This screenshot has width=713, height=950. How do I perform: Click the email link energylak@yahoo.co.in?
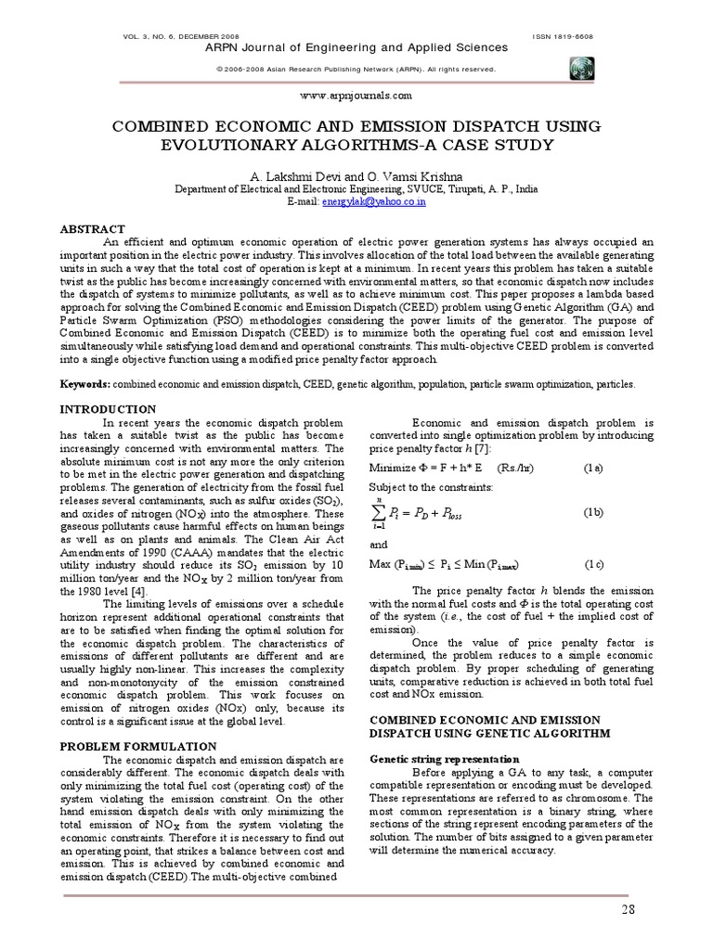(373, 199)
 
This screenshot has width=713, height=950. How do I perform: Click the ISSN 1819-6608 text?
(562, 36)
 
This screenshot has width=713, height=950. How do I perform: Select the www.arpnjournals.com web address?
(356, 96)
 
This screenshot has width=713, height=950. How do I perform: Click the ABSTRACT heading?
(92, 228)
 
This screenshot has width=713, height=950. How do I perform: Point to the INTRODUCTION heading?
(108, 408)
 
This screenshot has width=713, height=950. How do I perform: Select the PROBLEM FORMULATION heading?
(138, 746)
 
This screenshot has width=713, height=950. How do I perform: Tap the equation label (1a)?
(593, 468)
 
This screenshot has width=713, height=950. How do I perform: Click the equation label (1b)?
(593, 512)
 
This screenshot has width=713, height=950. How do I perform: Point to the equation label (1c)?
(594, 564)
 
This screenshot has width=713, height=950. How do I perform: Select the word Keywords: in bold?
(85, 383)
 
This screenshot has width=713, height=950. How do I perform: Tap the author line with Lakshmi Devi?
(356, 174)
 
